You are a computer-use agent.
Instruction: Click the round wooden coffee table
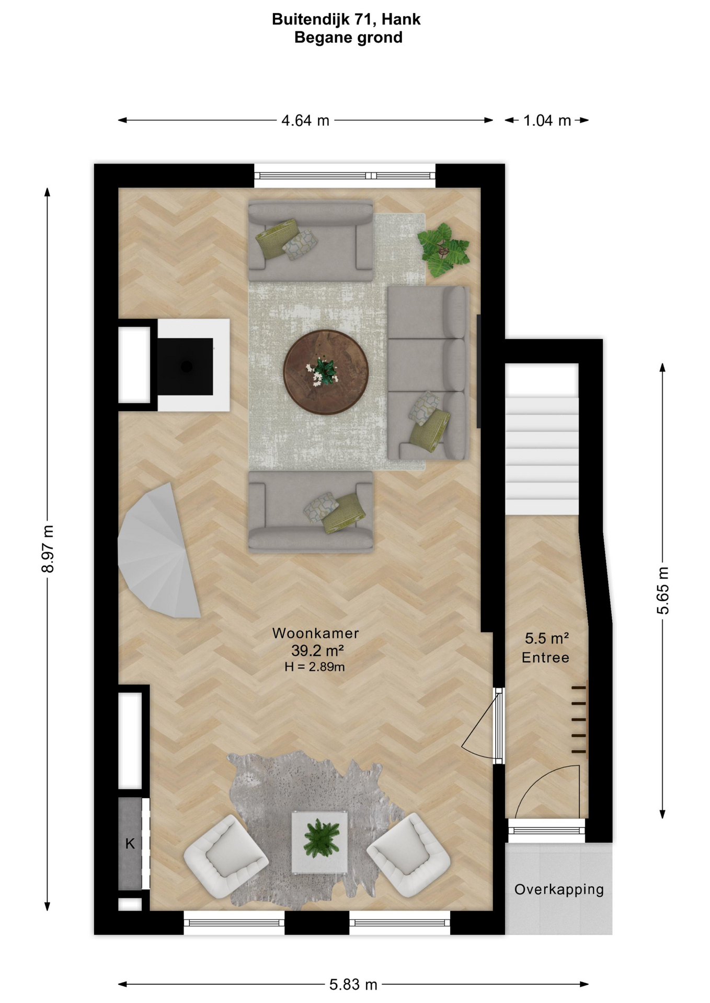pos(326,372)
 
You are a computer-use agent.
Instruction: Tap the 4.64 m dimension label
pos(305,121)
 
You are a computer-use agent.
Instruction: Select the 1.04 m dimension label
pos(547,121)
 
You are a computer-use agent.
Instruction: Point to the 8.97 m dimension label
pos(48,549)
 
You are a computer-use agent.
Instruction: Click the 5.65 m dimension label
pos(662,590)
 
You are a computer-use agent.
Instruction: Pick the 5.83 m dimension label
pos(353,985)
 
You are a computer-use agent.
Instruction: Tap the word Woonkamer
pos(316,633)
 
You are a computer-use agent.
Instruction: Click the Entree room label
pos(545,658)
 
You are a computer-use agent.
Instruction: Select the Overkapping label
pos(559,890)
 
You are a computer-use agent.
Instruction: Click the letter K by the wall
pos(130,843)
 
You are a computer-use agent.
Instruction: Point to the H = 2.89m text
pos(315,667)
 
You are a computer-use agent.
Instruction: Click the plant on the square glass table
pos(319,838)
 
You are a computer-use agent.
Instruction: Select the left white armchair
pos(225,856)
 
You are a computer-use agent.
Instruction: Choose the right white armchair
pos(408,855)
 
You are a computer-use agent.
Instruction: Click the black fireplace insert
pos(185,366)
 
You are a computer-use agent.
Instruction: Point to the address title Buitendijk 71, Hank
pos(346,19)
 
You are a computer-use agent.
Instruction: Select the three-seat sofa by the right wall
pos(428,373)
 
